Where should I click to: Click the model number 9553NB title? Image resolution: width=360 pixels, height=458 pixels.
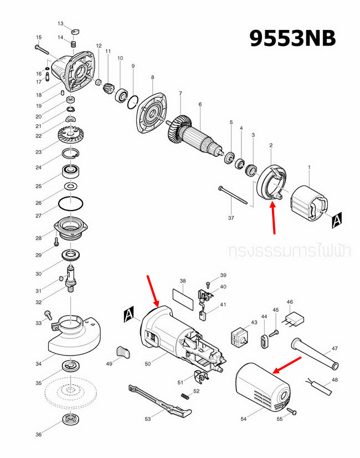tap(292, 38)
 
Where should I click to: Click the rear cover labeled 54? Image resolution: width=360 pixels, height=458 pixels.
tap(260, 388)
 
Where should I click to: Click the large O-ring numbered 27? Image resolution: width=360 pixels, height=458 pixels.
tap(71, 203)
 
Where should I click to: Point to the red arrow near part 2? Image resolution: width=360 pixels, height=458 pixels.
tap(273, 219)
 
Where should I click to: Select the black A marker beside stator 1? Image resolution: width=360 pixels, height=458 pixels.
tap(337, 222)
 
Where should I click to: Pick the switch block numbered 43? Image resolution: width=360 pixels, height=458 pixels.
tap(239, 336)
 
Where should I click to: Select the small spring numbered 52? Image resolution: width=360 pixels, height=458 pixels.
tap(186, 395)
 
